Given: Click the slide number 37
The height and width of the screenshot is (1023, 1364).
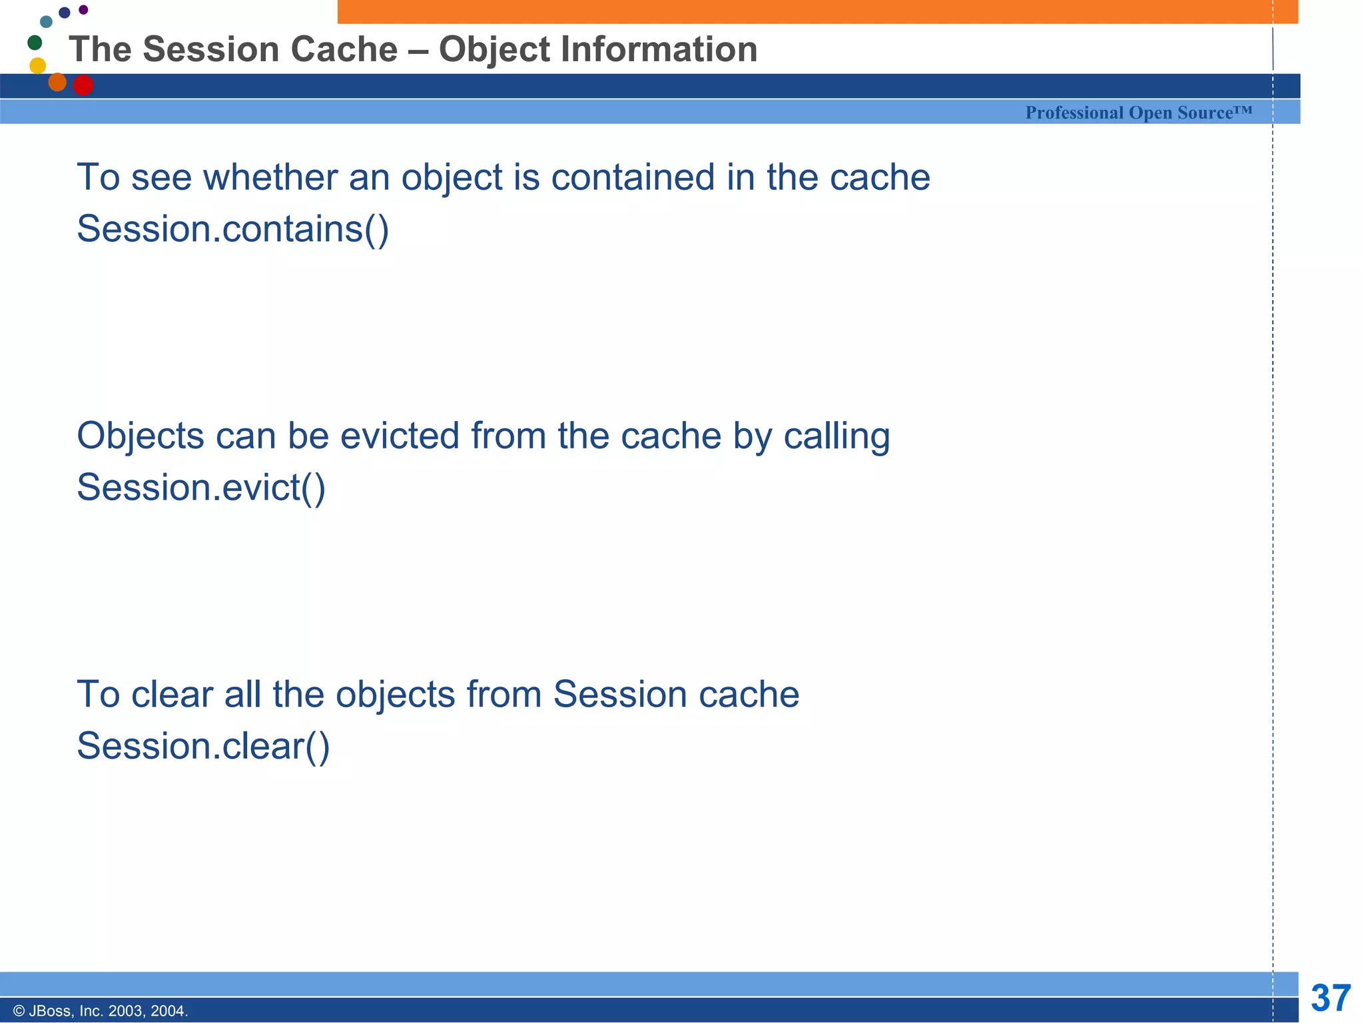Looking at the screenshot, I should [x=1330, y=998].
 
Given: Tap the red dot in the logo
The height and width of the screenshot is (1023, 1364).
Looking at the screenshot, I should [x=83, y=85].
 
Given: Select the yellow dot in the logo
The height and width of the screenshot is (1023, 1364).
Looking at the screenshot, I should [x=38, y=65].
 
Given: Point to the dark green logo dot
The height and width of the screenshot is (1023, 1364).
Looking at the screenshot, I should [x=35, y=43].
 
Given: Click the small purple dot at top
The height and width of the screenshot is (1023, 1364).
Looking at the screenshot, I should [x=83, y=9].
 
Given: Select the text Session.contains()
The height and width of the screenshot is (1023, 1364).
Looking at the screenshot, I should [x=232, y=229].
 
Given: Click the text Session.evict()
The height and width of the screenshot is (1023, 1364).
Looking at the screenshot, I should [x=201, y=488].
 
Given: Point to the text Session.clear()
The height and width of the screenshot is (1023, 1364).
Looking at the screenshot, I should [x=203, y=746].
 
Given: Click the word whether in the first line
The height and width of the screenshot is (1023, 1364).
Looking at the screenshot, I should [x=270, y=178].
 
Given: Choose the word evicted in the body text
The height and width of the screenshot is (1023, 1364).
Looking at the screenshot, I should [x=400, y=436].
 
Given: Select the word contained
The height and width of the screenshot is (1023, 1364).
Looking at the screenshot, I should [x=632, y=178].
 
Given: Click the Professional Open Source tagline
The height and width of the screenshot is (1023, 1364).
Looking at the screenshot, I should [x=1138, y=113].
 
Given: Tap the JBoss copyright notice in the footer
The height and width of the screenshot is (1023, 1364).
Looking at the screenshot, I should [x=101, y=1011].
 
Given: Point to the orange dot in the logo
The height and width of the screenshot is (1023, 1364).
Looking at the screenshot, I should [x=57, y=81].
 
